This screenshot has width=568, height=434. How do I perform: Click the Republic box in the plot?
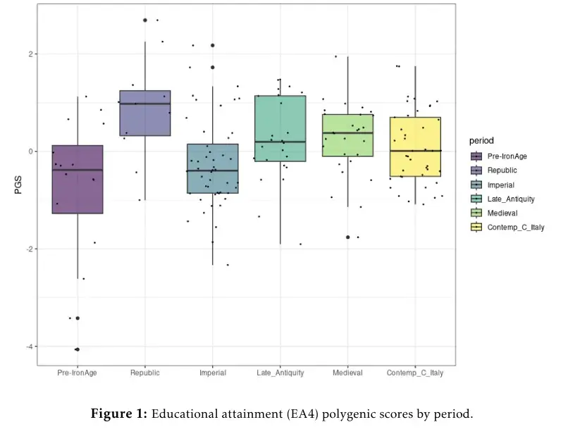(x=144, y=113)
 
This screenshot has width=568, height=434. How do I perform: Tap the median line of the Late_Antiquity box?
(x=280, y=142)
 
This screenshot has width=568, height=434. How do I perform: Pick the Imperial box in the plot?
(x=212, y=168)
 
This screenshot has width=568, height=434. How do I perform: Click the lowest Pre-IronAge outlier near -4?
(x=77, y=349)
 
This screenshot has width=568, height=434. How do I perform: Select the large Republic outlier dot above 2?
(x=145, y=20)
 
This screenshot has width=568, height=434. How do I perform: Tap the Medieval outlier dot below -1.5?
(x=348, y=237)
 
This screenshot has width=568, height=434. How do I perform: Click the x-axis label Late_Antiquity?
(x=280, y=373)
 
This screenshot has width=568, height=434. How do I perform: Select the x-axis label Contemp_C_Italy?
(x=415, y=373)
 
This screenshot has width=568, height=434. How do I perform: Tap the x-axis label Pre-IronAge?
(x=78, y=373)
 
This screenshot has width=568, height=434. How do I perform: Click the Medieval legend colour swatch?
(x=476, y=213)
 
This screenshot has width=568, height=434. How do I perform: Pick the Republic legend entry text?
(x=502, y=170)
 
